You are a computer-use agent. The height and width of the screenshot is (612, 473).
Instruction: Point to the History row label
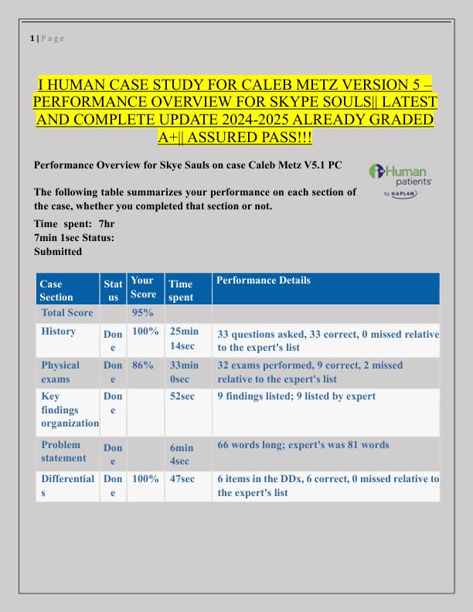(x=59, y=331)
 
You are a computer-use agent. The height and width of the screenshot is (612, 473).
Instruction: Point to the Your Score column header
(x=141, y=287)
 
